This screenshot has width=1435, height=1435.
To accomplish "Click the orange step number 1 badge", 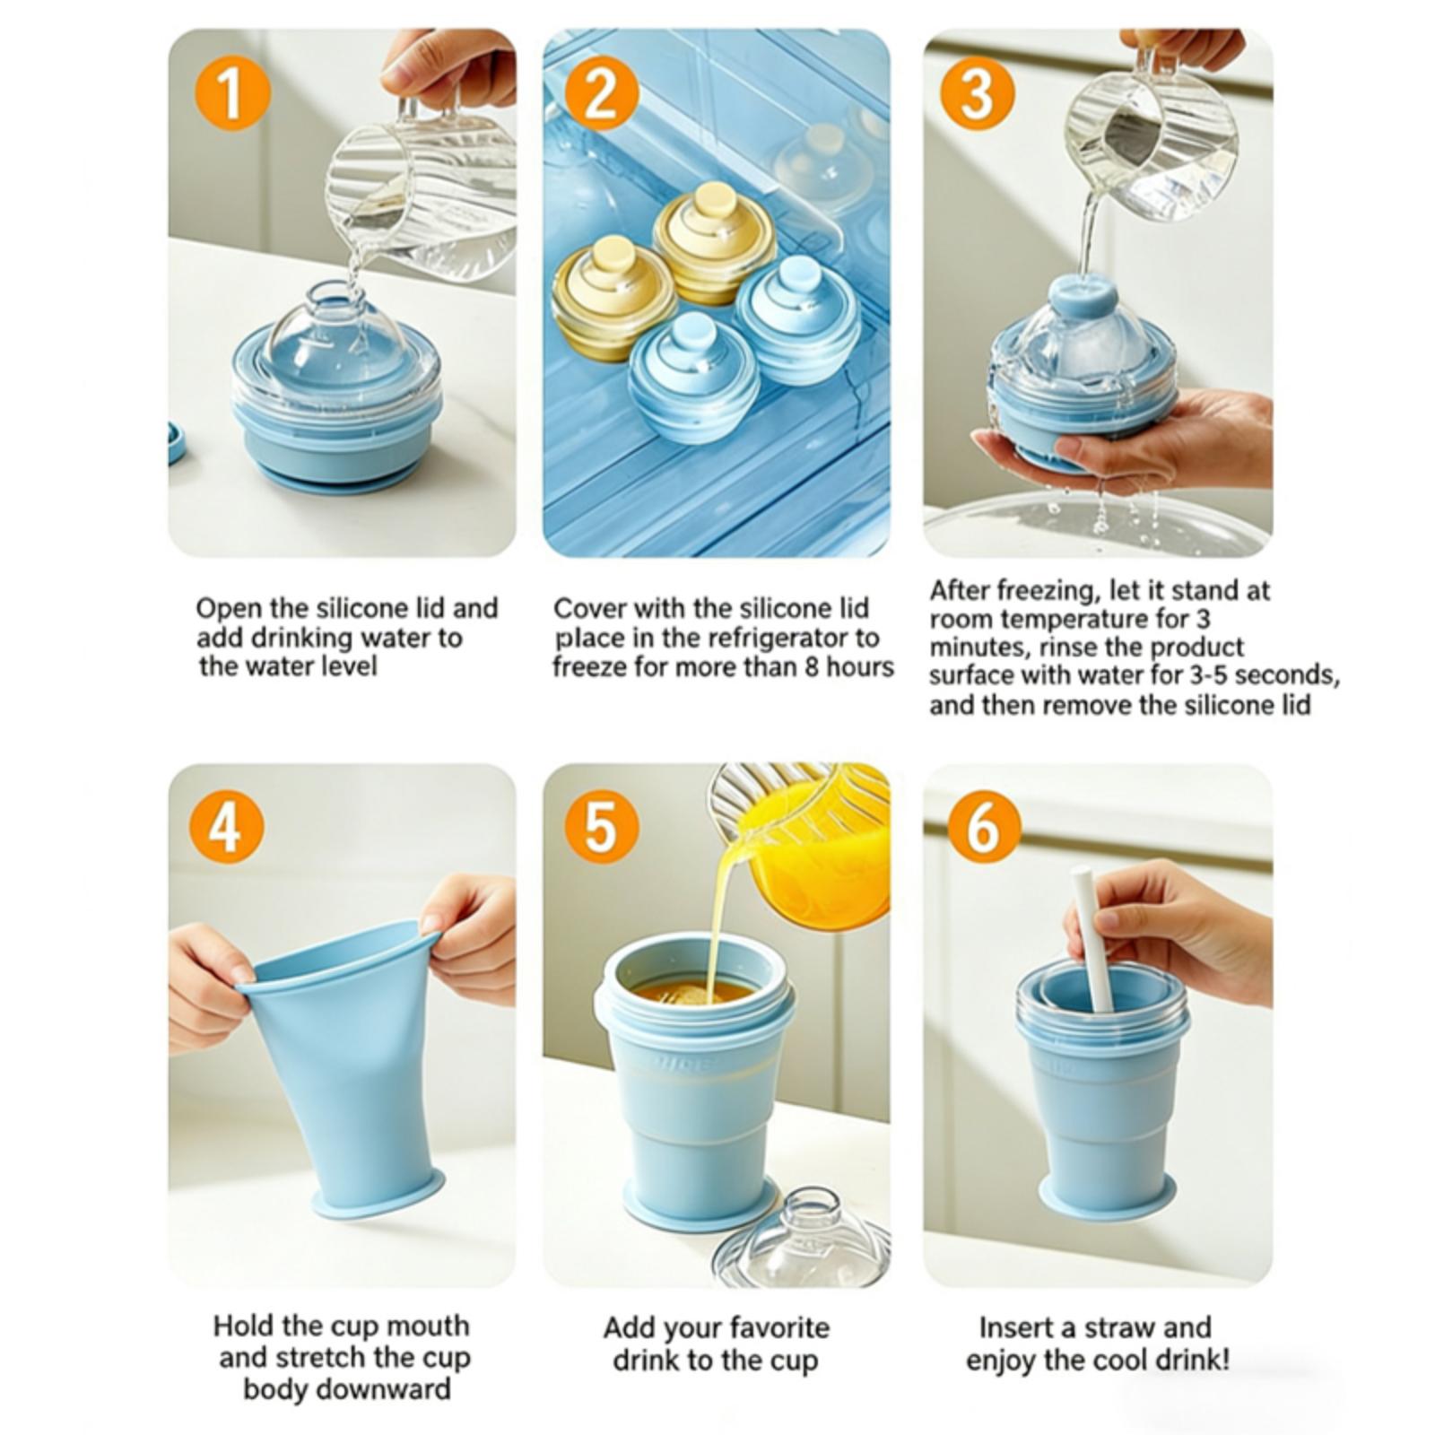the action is tap(232, 93).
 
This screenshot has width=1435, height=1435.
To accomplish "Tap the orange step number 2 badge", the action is tap(601, 93).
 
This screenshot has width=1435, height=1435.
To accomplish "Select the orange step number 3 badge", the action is tap(977, 93).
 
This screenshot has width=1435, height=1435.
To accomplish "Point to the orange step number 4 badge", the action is tap(225, 828).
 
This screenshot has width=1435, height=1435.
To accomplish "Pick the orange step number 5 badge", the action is tap(601, 828).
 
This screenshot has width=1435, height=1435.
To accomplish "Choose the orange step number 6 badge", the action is tap(984, 828).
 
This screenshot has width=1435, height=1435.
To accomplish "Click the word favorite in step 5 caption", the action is tap(779, 1327).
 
